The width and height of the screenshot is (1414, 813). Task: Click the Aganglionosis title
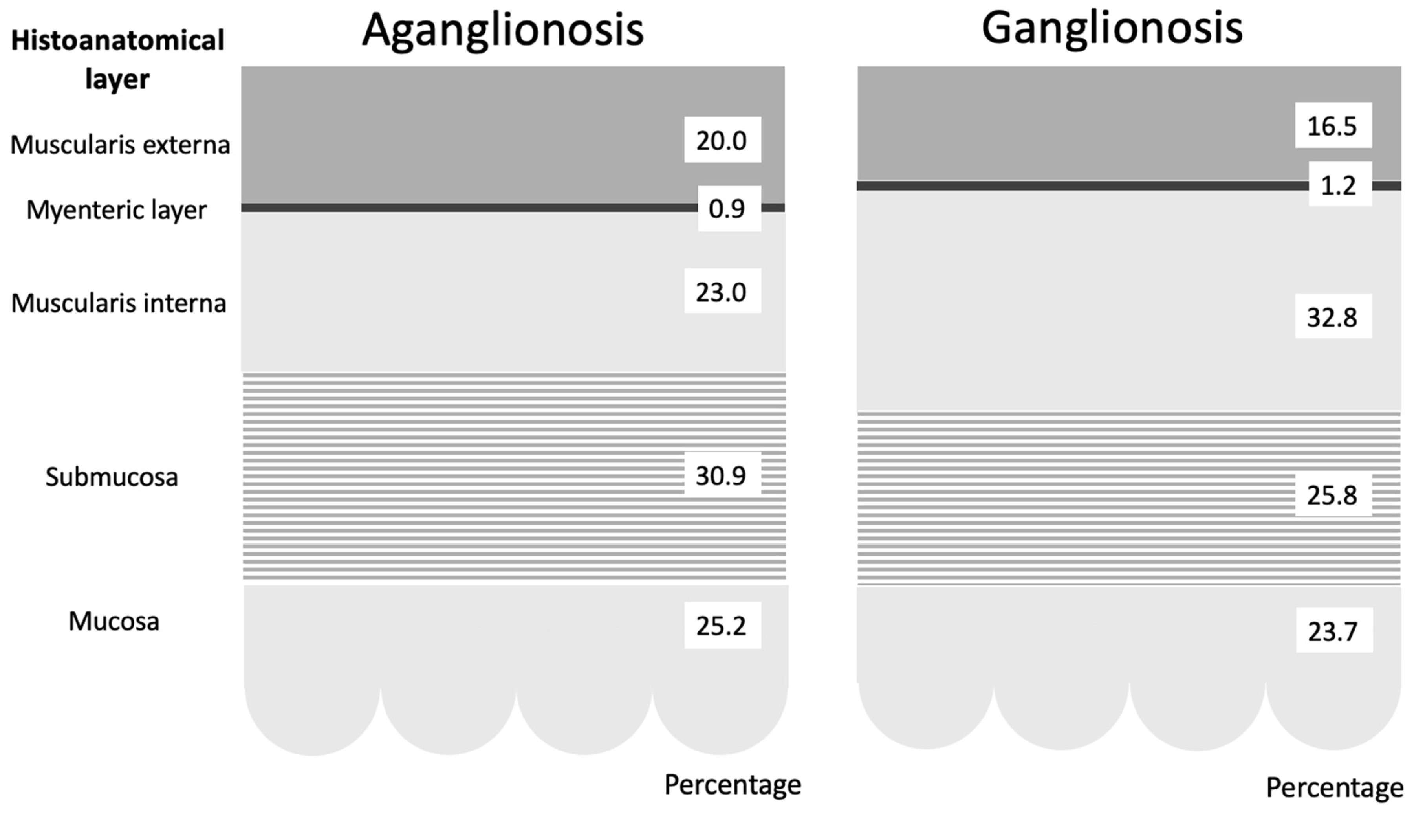[x=503, y=30]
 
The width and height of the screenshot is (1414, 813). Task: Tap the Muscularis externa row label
[x=120, y=145]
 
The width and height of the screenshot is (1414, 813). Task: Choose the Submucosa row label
[x=112, y=477]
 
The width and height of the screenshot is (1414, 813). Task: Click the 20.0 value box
[x=722, y=140]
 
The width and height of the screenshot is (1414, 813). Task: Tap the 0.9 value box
[x=729, y=209]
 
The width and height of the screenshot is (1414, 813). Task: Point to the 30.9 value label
[x=722, y=475]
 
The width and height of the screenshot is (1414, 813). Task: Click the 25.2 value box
[x=722, y=626]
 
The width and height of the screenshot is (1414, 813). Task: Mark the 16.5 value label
[x=1333, y=126]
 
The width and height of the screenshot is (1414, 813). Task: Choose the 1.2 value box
[x=1340, y=185]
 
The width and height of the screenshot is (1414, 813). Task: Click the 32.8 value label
[x=1333, y=317]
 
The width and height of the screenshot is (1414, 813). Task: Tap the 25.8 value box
[x=1333, y=495]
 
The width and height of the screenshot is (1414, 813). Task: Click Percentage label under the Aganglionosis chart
[x=732, y=785]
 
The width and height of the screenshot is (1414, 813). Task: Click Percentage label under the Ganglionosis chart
[x=1334, y=787]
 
